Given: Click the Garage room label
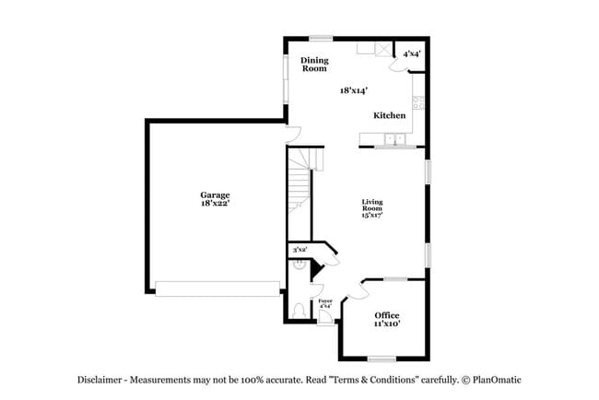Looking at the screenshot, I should coord(215,194).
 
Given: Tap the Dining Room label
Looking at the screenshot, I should coord(314,65).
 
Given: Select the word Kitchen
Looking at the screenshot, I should coord(389,116).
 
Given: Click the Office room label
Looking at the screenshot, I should coord(387,316).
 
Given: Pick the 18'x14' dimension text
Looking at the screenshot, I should coord(353,91).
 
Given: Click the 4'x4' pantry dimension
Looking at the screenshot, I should coord(412,54).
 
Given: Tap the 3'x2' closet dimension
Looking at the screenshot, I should coord(299,250).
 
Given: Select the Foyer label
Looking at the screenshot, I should coord(324,302).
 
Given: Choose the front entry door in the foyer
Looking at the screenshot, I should coord(324,321).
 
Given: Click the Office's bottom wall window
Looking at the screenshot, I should coord(382,358).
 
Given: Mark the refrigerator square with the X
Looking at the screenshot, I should coord(381,47).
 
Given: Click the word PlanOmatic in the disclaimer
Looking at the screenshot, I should coord(498,380).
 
